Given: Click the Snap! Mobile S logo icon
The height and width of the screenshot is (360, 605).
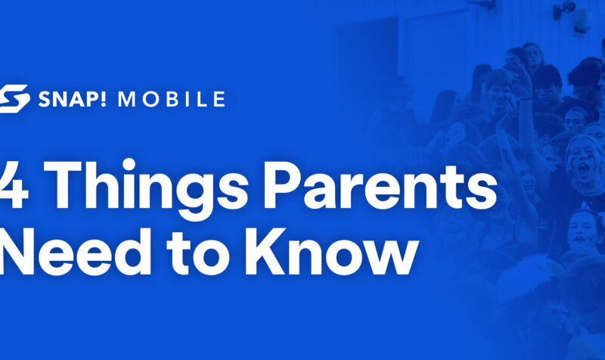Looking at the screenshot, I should [x=14, y=99].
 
